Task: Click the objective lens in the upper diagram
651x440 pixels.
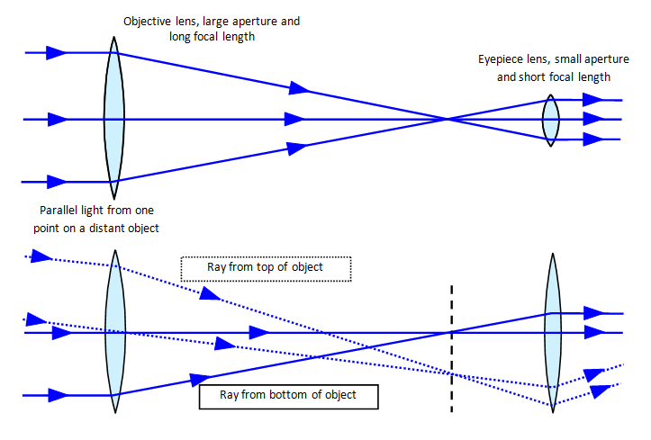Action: coord(113,117)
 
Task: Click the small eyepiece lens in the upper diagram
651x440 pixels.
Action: coord(550,119)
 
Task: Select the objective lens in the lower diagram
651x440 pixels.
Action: coord(114,332)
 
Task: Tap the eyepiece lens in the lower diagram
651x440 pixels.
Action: coord(553,332)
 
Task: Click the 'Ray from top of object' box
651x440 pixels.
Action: coord(265,268)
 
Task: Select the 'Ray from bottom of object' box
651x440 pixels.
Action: coord(288,396)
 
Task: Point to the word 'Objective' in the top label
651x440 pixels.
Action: coord(151,20)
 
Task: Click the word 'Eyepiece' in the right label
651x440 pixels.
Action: coord(502,59)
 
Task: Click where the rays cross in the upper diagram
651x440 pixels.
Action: coord(447,119)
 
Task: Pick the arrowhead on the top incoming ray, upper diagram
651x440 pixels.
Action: coord(56,52)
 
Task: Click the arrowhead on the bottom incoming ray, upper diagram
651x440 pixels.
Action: coord(56,182)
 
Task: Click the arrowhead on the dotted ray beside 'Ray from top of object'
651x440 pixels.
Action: coord(209,293)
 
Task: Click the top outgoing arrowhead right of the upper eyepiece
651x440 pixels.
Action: coord(592,100)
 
